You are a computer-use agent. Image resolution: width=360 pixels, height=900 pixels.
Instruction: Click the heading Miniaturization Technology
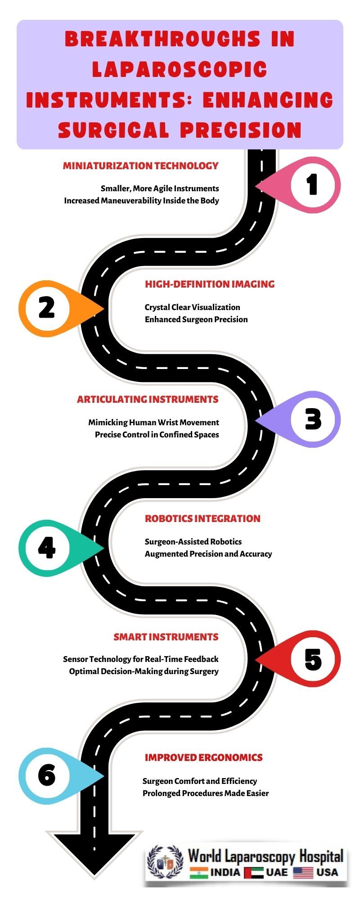pyautogui.click(x=141, y=166)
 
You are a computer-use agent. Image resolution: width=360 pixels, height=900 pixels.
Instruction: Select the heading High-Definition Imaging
pyautogui.click(x=210, y=284)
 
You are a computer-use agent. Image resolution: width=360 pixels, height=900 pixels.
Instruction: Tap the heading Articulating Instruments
pyautogui.click(x=148, y=399)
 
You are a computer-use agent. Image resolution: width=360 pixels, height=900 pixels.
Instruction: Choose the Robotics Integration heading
pyautogui.click(x=202, y=518)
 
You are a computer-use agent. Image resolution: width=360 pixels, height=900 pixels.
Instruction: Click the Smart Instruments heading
pyautogui.click(x=166, y=637)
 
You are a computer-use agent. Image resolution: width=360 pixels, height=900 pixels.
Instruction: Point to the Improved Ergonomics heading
pyautogui.click(x=203, y=757)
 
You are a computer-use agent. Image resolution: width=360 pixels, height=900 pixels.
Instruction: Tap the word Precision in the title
pyautogui.click(x=241, y=130)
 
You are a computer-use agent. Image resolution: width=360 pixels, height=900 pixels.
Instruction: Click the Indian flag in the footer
pyautogui.click(x=198, y=873)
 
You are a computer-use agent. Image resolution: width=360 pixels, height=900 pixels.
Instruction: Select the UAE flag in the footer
pyautogui.click(x=254, y=873)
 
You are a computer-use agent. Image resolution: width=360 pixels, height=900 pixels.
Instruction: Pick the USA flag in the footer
pyautogui.click(x=303, y=873)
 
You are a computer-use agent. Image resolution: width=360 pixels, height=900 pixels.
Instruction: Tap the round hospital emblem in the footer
pyautogui.click(x=165, y=862)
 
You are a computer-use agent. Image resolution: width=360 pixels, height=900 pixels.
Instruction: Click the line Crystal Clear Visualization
pyautogui.click(x=192, y=307)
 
